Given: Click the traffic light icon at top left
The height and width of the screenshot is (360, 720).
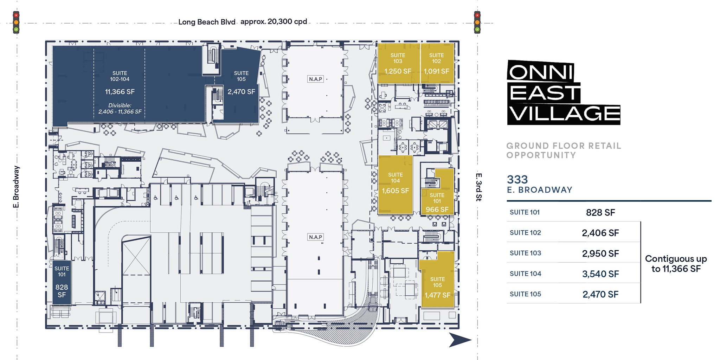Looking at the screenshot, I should [x=16, y=22].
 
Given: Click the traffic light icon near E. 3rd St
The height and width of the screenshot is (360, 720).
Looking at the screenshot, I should [x=477, y=22].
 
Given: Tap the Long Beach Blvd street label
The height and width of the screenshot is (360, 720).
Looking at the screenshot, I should [x=207, y=22].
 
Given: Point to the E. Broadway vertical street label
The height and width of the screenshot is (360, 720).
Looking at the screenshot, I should [x=16, y=187].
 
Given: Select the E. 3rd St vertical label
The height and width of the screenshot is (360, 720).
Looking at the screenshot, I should [x=478, y=187].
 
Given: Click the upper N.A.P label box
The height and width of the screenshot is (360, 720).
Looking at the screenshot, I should [x=315, y=79].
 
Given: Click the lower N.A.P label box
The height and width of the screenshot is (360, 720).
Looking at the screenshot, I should [x=315, y=237].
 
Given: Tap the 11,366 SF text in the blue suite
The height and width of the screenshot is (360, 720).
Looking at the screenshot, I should [x=120, y=92].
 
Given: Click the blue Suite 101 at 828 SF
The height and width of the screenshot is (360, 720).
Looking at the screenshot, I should [x=62, y=282].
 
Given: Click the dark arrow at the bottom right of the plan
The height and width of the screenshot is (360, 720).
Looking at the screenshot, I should [x=460, y=340].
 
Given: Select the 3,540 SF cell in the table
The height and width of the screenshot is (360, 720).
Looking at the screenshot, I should [x=600, y=274].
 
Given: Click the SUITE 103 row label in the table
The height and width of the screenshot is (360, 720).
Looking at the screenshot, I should [x=525, y=253].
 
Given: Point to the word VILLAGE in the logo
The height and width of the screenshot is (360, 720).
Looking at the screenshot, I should [x=565, y=114].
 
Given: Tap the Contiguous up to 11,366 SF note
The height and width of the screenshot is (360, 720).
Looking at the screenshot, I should [x=676, y=264].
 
